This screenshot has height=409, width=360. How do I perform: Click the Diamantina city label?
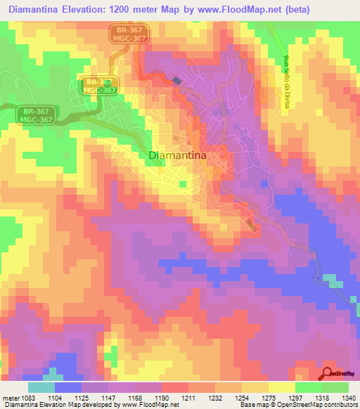click(x=177, y=157)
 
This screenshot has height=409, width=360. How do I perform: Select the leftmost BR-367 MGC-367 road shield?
click(x=37, y=115)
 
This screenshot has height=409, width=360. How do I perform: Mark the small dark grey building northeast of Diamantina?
click(x=176, y=82)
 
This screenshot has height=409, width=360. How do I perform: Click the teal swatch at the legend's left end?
click(x=41, y=387)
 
